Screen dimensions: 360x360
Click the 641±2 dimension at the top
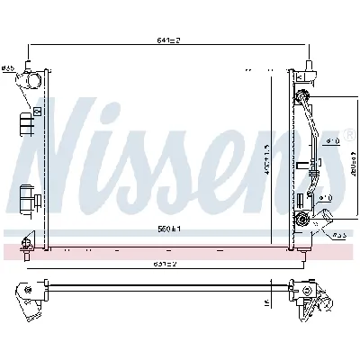click(169, 40)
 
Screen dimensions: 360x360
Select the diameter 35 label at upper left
click(8, 68)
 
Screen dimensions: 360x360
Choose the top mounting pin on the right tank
click(311, 65)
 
